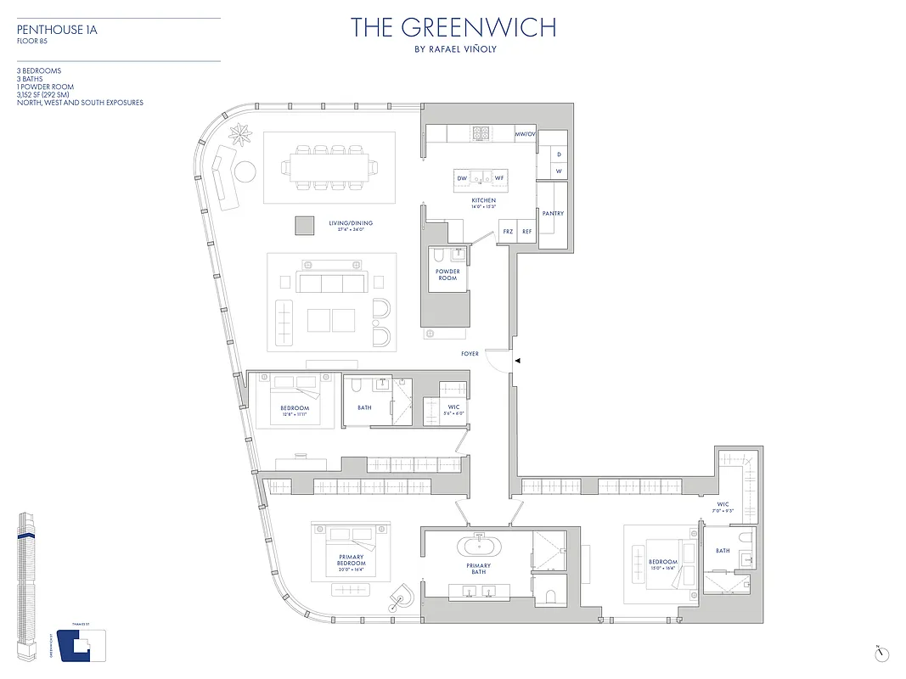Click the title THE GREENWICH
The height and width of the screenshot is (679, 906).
pos(453,27)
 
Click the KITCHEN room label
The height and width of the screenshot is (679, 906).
pos(484,200)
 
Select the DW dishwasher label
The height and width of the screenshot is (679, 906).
pos(463,178)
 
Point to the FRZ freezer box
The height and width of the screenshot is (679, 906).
pos(508,231)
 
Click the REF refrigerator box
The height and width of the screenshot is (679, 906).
pos(527,231)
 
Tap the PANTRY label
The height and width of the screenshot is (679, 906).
pos(553,214)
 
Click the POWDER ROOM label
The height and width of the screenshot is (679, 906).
pos(448,275)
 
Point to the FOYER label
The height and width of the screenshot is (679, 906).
pos(470,354)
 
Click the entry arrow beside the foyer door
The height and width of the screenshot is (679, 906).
pos(517,362)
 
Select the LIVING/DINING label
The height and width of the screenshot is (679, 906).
pos(354,223)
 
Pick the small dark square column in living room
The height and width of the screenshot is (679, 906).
pos(304,225)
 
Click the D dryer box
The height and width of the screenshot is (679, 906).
pos(559,154)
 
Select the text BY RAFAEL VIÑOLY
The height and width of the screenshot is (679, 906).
pos(453,49)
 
